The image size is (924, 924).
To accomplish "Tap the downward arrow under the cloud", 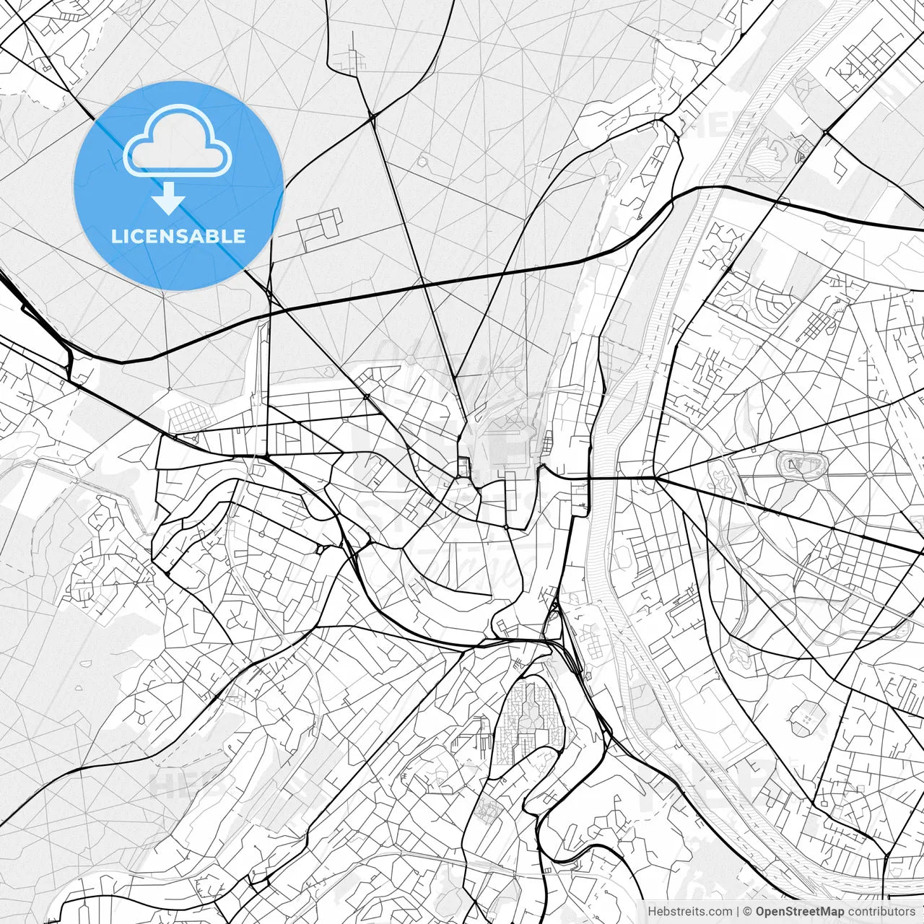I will (x=168, y=199).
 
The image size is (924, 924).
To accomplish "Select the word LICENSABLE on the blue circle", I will (x=178, y=236).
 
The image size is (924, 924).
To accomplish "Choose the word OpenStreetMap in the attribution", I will (x=799, y=912).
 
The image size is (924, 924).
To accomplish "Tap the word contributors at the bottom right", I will (x=881, y=912).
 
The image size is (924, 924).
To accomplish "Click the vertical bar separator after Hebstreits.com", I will (x=738, y=912).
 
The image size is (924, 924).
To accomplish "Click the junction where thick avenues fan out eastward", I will (x=655, y=478).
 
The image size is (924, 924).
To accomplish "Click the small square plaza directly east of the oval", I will (x=870, y=474).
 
